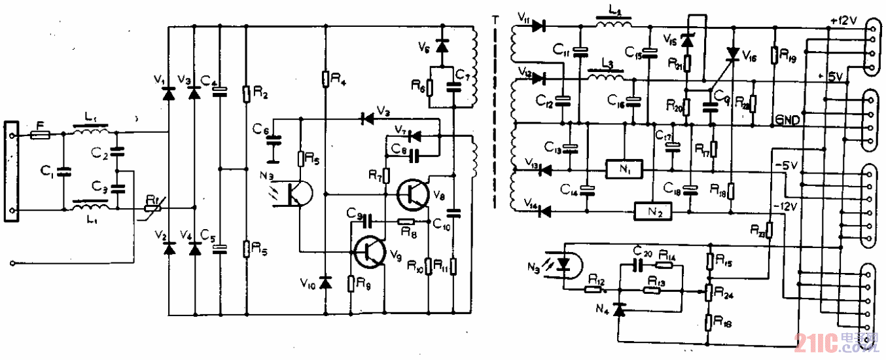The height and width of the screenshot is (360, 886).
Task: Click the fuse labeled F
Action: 41,134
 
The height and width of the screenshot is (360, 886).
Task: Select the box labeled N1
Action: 624,168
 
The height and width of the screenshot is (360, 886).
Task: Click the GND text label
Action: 789,120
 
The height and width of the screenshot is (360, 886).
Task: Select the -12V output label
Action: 784,207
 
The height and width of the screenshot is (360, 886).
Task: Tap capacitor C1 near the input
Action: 64,172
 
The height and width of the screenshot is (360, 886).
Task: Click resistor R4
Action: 325,79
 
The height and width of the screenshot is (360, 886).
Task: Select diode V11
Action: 539,26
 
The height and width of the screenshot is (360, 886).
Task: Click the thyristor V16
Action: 732,55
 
